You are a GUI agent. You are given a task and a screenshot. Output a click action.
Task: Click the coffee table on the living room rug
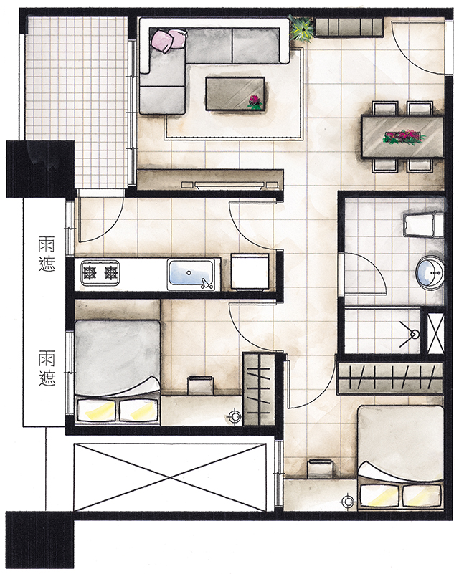(x=235, y=93)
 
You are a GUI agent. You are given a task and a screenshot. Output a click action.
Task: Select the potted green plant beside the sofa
(x=301, y=28)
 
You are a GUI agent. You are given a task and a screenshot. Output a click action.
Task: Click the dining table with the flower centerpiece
(x=402, y=137)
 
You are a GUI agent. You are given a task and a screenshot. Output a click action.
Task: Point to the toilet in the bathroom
(x=424, y=224)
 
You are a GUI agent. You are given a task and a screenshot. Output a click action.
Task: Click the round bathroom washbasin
(x=430, y=272)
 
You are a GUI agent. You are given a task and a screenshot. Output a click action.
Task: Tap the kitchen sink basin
(x=191, y=274)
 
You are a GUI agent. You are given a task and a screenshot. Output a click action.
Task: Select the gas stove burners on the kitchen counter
(x=100, y=273)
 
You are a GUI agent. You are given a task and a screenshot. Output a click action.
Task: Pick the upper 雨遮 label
(x=47, y=255)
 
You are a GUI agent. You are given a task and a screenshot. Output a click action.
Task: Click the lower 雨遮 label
(x=47, y=368)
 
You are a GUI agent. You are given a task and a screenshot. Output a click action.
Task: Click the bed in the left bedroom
(x=117, y=373)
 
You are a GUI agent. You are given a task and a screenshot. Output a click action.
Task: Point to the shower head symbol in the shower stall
(x=411, y=334)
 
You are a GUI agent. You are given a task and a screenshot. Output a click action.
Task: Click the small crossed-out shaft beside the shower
(x=436, y=333)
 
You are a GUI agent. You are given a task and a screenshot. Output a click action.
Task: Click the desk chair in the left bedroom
(x=199, y=384)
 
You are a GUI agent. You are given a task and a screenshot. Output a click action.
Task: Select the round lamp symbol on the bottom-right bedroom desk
(x=347, y=502)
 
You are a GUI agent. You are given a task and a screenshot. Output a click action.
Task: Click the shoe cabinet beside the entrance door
(x=349, y=28)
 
